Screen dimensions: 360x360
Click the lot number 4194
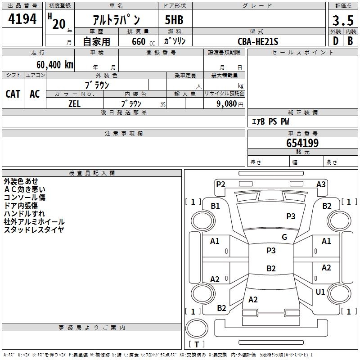tap(22, 19)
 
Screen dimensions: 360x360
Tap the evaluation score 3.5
tap(343, 20)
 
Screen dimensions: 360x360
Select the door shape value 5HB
tap(174, 20)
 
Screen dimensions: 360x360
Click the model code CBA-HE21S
tap(258, 41)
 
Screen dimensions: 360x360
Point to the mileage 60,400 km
tap(55, 65)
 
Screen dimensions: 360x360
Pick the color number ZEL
tap(74, 104)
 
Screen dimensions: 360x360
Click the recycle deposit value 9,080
tap(227, 104)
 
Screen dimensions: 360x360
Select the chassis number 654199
tap(302, 143)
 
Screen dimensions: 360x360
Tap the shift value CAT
tap(13, 94)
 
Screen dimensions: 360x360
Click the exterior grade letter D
tap(336, 41)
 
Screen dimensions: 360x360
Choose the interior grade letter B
tap(350, 41)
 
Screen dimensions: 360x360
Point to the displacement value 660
tap(139, 41)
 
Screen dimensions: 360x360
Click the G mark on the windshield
tap(284, 237)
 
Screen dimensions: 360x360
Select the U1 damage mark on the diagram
tap(320, 292)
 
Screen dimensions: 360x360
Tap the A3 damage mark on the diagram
tap(321, 184)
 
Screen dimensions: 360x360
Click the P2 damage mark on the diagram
tap(220, 184)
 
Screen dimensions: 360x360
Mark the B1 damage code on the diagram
tap(216, 206)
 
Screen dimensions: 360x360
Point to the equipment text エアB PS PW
tap(270, 121)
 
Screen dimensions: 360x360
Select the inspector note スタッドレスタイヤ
tap(34, 229)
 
